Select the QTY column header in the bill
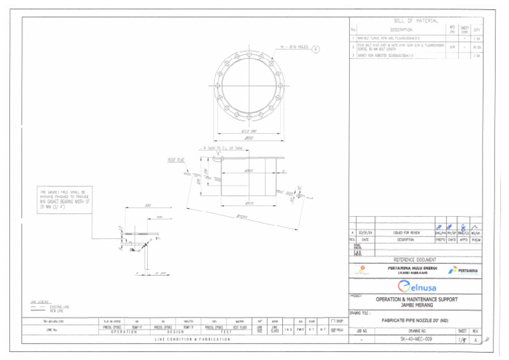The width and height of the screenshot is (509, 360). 477,30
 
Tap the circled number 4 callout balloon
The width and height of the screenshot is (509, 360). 315,48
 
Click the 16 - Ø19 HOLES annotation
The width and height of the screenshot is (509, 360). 293,48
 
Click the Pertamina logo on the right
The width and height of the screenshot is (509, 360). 462,270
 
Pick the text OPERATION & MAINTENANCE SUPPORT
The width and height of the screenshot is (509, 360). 417,299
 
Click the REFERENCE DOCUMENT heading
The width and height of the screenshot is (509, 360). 415,260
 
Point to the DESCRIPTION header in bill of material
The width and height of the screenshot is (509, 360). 402,30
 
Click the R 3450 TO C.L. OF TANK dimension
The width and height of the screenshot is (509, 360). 223,147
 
